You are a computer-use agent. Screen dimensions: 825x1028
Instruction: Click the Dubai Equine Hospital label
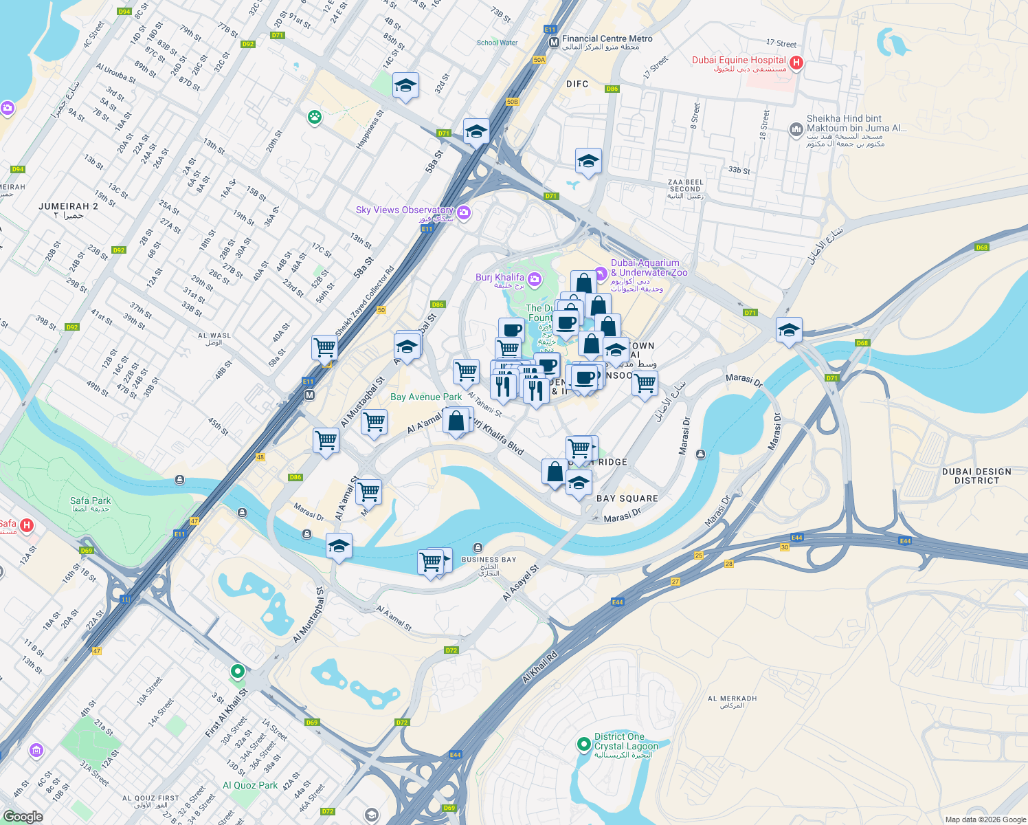click(x=739, y=60)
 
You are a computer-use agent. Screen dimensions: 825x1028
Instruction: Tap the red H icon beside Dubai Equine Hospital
click(x=796, y=63)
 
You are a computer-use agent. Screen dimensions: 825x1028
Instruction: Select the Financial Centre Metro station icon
click(x=554, y=43)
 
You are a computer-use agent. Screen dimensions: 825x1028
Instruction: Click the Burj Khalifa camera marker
click(x=535, y=279)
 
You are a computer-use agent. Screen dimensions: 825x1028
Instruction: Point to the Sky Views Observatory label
click(x=404, y=210)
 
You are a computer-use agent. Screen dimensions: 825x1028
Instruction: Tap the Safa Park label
click(x=90, y=501)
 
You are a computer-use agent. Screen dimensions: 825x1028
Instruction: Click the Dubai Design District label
click(x=976, y=476)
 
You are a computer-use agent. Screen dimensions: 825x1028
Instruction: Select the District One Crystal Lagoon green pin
click(x=583, y=743)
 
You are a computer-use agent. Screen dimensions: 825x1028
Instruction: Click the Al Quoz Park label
click(x=250, y=785)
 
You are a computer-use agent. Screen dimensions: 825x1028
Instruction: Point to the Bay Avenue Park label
click(x=426, y=397)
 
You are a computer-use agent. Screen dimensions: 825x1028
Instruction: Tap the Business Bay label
click(x=489, y=560)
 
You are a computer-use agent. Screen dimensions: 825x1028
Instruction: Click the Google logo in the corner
click(x=23, y=816)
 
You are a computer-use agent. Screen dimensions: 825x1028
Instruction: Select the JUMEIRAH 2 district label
click(x=68, y=206)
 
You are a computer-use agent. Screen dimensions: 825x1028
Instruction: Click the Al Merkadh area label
click(x=732, y=698)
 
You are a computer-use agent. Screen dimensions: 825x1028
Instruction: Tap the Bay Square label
click(x=627, y=498)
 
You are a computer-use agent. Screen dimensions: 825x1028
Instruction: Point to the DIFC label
click(x=577, y=84)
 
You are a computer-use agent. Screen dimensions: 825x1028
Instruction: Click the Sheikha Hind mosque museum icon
click(x=796, y=129)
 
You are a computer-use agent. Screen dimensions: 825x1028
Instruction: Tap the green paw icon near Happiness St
click(x=315, y=117)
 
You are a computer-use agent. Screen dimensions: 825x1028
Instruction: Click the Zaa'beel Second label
click(x=685, y=186)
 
